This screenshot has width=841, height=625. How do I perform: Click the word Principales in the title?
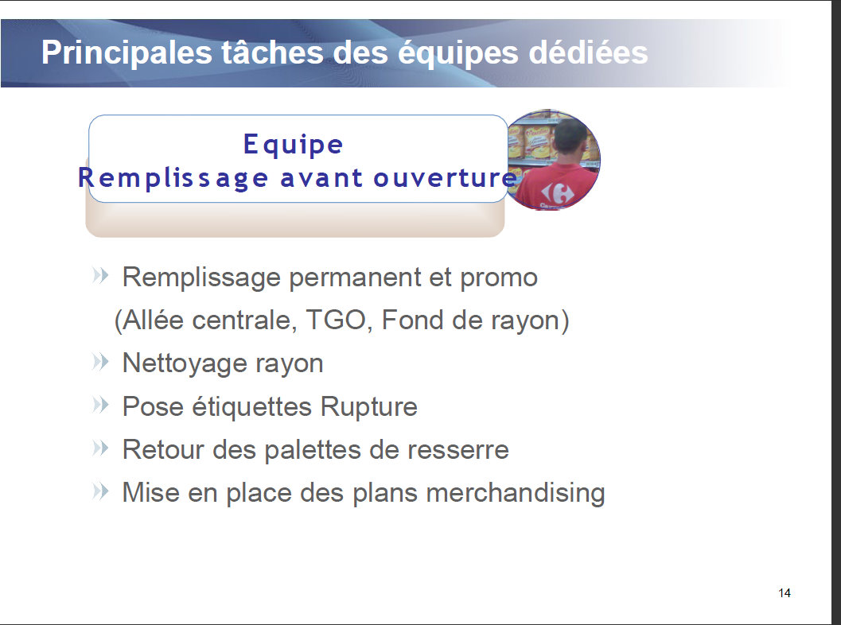pos(127,53)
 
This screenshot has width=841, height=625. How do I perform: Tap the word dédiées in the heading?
pos(588,52)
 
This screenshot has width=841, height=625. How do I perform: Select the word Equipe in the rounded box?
pos(293,145)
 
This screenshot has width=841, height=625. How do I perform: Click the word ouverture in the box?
pos(446,178)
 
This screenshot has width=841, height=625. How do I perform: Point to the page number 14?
pos(785,593)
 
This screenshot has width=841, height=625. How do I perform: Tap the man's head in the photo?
pos(570,134)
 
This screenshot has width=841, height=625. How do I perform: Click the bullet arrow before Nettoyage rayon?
pos(100,362)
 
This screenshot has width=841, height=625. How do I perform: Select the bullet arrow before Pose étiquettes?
pos(100,405)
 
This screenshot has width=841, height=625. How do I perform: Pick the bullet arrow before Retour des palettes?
pos(100,448)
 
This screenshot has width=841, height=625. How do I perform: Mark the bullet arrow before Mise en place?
pos(100,491)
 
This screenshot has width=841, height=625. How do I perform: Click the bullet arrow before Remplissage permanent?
pos(100,275)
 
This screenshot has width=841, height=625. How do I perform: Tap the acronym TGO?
pos(335,320)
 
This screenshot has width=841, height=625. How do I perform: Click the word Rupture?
pos(369,407)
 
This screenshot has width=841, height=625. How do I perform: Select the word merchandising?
pos(516,493)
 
